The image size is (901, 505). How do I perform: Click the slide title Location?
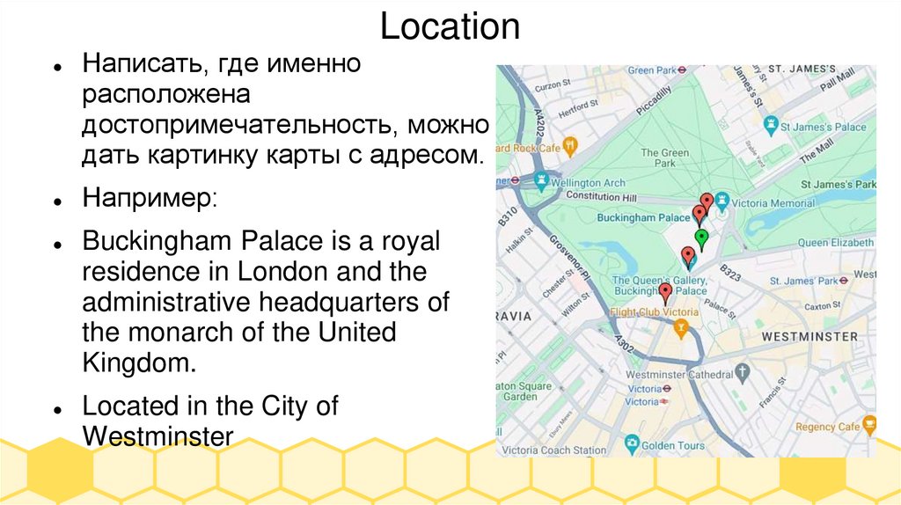pyautogui.click(x=450, y=26)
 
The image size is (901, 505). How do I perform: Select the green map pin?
pyautogui.click(x=701, y=237)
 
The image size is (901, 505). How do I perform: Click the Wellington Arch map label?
pyautogui.click(x=587, y=183)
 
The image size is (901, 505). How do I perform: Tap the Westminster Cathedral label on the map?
pyautogui.click(x=678, y=374)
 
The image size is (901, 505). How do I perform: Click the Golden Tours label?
pyautogui.click(x=673, y=445)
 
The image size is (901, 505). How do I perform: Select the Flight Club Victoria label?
pyautogui.click(x=655, y=312)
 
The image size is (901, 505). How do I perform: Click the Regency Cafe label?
pyautogui.click(x=826, y=427)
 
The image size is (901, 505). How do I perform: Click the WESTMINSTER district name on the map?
pyautogui.click(x=809, y=337)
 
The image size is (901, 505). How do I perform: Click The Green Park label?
pyautogui.click(x=664, y=158)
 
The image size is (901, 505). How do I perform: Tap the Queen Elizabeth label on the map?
pyautogui.click(x=836, y=242)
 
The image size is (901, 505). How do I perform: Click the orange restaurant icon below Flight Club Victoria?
pyautogui.click(x=680, y=329)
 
